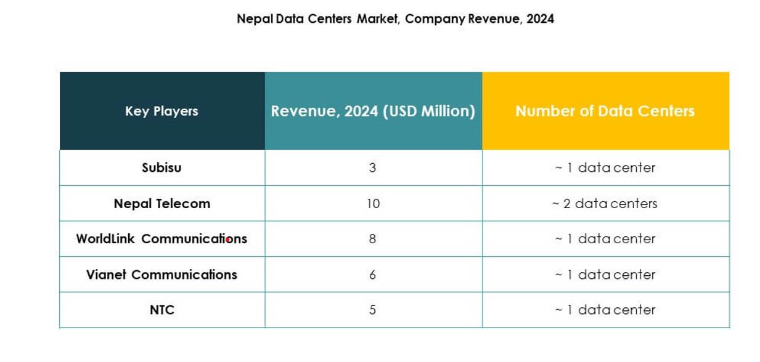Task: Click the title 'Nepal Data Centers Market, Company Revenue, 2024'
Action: [x=395, y=19]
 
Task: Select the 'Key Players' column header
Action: [x=161, y=111]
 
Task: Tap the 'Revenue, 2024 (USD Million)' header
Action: [x=373, y=111]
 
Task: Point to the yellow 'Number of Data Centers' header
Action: [x=605, y=111]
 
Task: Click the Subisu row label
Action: [x=161, y=167]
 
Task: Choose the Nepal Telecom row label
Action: [x=161, y=204]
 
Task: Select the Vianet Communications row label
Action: [x=161, y=275]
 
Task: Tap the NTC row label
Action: [x=161, y=310]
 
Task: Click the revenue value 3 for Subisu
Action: [x=372, y=167]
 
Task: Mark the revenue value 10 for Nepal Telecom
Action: [x=373, y=204]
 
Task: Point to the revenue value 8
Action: [x=372, y=239]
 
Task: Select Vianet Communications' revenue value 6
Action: [x=372, y=275]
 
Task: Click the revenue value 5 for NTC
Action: [x=372, y=310]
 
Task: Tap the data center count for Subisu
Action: [x=605, y=167]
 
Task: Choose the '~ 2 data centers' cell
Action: [x=605, y=204]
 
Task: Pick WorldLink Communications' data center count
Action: [x=605, y=239]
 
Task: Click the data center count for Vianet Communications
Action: [x=605, y=275]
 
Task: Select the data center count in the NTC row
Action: [x=605, y=310]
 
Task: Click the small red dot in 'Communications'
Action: [x=227, y=239]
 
